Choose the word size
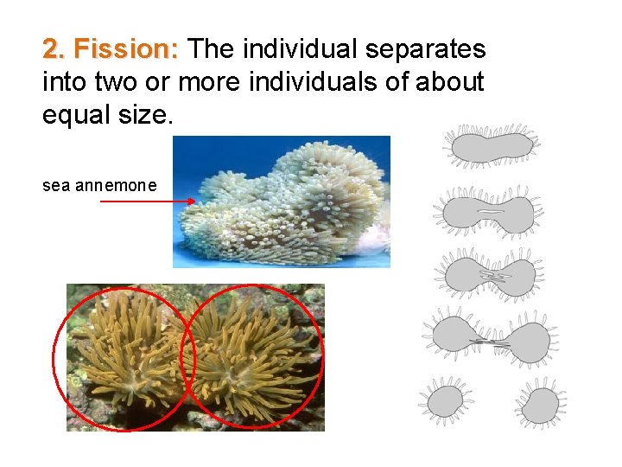[147, 115]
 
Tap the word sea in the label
[56, 185]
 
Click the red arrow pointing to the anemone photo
[148, 202]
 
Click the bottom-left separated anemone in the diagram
[447, 403]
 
